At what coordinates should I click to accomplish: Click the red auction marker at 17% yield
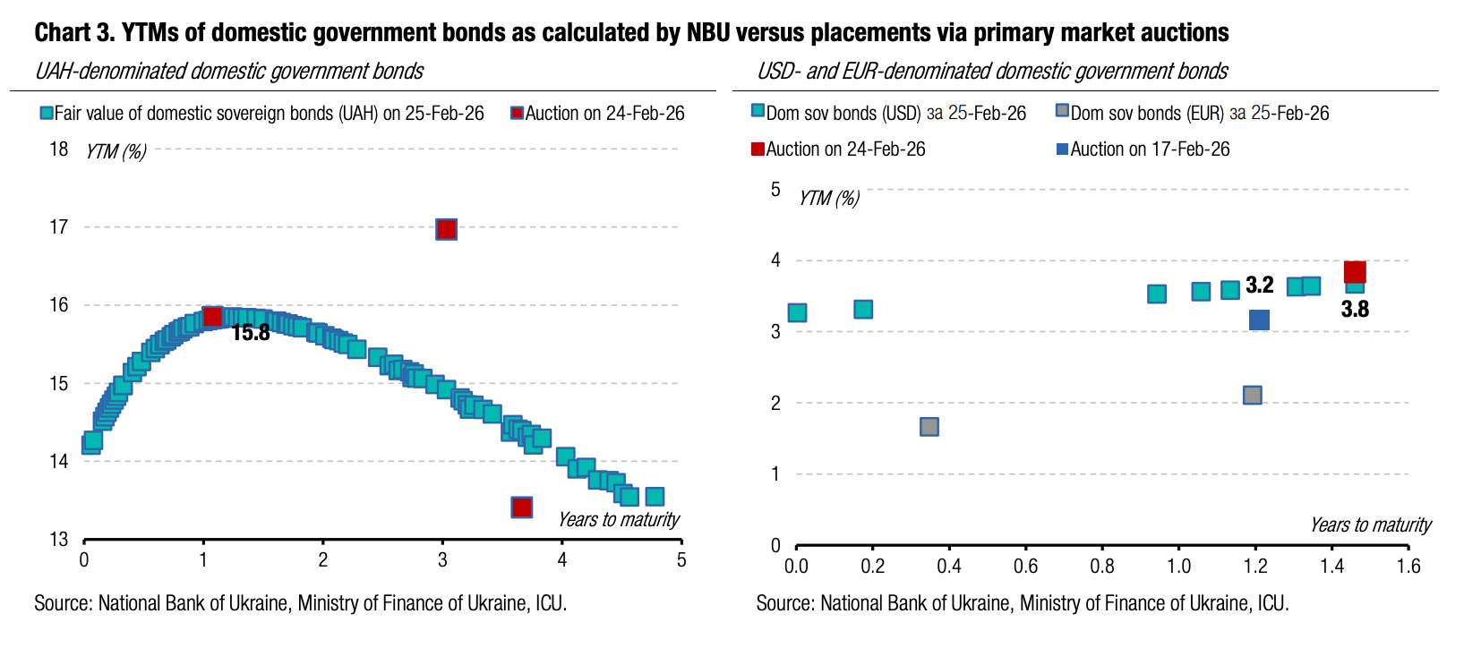[446, 229]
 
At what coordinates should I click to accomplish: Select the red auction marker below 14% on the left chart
[522, 507]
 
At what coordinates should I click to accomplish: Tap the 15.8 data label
[251, 333]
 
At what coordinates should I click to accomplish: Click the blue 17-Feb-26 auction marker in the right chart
[1259, 320]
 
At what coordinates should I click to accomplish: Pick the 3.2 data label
[1260, 286]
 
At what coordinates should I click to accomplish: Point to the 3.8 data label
[1355, 310]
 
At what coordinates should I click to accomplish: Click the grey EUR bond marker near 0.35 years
[929, 427]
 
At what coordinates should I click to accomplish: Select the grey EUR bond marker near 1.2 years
[1253, 395]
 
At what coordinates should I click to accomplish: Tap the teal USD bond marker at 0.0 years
[797, 312]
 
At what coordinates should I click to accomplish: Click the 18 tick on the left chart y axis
[59, 149]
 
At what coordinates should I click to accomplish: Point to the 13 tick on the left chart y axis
[59, 540]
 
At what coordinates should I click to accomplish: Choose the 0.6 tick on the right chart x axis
[1025, 567]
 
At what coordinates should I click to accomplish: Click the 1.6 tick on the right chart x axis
[1408, 567]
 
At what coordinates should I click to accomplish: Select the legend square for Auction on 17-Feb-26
[1062, 149]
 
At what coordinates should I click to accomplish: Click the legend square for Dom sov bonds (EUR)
[1062, 111]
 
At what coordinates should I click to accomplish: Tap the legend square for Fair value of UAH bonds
[47, 114]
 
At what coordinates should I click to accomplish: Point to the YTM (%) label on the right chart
[829, 199]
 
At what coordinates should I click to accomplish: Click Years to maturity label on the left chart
[619, 520]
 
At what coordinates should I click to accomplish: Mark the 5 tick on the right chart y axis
[775, 190]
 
